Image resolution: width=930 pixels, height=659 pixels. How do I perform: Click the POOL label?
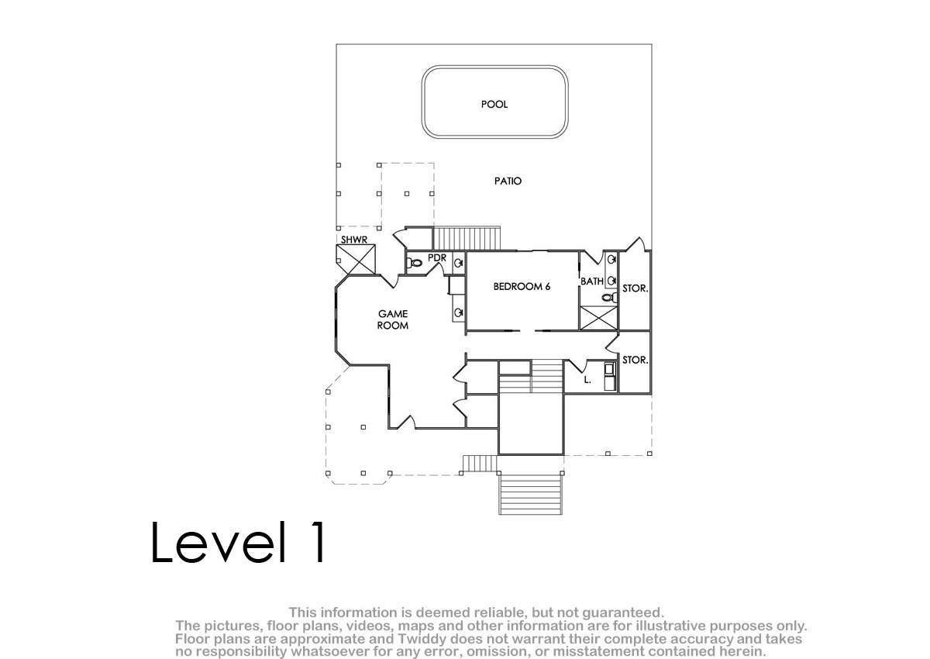pos(494,104)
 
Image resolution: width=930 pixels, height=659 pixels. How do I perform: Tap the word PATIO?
pos(508,181)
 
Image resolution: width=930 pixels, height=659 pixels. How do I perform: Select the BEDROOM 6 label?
pos(522,287)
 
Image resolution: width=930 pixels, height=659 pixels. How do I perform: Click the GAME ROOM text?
pos(393,319)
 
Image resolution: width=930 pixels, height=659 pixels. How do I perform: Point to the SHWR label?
pos(354,240)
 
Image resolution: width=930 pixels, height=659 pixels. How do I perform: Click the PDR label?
pos(437,258)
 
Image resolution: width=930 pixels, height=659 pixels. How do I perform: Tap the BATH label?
pos(592,281)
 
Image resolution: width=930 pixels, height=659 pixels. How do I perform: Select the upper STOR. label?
pos(635,288)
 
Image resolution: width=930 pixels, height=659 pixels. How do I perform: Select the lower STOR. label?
pos(635,360)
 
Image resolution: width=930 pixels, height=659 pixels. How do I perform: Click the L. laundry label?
pos(587,380)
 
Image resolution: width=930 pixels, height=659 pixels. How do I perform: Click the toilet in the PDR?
pos(415,263)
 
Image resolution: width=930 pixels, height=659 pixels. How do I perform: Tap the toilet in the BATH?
pos(609,297)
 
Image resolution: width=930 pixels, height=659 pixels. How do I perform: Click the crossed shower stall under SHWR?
pos(356,260)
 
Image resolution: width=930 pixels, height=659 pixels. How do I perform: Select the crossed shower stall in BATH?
pos(598,318)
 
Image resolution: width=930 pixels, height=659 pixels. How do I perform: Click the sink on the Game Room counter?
pos(458,312)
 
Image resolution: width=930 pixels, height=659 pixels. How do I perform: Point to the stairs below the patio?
pos(467,238)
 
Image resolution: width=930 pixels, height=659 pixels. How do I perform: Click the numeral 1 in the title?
pos(318,542)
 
